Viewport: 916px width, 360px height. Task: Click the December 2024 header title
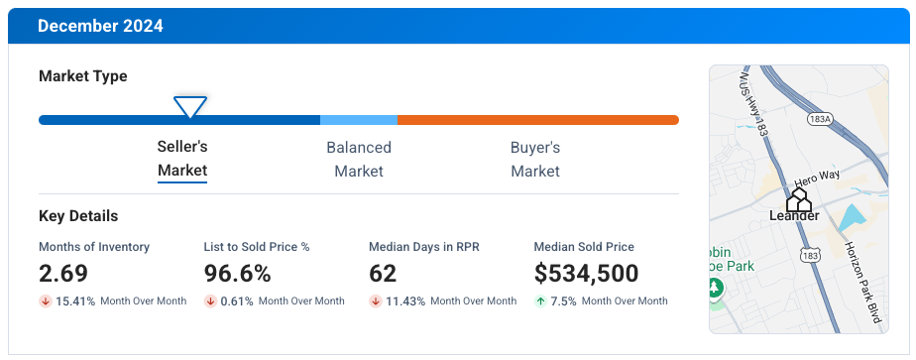click(100, 26)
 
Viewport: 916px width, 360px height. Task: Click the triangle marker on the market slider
click(189, 106)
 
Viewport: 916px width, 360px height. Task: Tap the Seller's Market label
click(182, 159)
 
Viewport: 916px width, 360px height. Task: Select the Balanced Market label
click(359, 159)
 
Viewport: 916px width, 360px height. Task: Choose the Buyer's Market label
click(535, 159)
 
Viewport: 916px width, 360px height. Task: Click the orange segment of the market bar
click(538, 120)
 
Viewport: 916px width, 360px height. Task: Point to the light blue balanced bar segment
click(359, 120)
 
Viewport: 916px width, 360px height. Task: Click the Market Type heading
click(83, 76)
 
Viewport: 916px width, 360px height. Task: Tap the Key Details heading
click(78, 216)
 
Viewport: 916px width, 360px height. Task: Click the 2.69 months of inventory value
click(63, 274)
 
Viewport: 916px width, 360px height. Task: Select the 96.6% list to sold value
click(239, 274)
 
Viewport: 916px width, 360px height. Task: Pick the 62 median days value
click(383, 274)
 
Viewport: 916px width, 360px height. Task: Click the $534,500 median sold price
click(586, 274)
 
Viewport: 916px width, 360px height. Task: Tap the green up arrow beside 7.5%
click(540, 301)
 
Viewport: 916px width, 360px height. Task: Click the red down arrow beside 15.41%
click(46, 301)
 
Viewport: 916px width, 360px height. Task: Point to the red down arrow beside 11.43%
click(376, 301)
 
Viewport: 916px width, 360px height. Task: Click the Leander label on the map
click(794, 215)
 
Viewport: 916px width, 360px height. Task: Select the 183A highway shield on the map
click(820, 119)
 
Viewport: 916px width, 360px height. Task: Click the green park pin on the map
click(716, 289)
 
